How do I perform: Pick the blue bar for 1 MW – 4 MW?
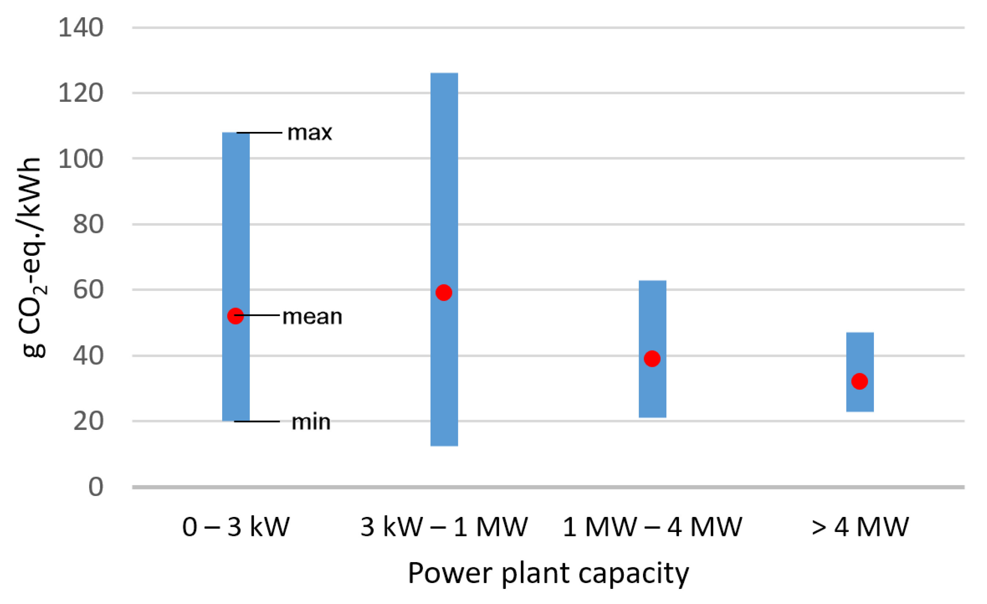tap(652, 321)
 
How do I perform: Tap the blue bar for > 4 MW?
tap(860, 353)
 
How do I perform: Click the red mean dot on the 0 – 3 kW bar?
tap(235, 316)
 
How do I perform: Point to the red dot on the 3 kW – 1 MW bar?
tap(444, 292)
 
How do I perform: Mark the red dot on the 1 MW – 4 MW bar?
tap(652, 359)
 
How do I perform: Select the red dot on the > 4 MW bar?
tap(860, 381)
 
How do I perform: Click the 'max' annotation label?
tap(310, 133)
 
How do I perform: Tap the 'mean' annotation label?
tap(312, 317)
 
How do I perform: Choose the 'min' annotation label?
tap(311, 422)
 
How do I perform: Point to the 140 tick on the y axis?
tap(80, 28)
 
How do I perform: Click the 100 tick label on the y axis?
tap(80, 159)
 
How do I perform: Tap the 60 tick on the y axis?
tap(88, 290)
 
